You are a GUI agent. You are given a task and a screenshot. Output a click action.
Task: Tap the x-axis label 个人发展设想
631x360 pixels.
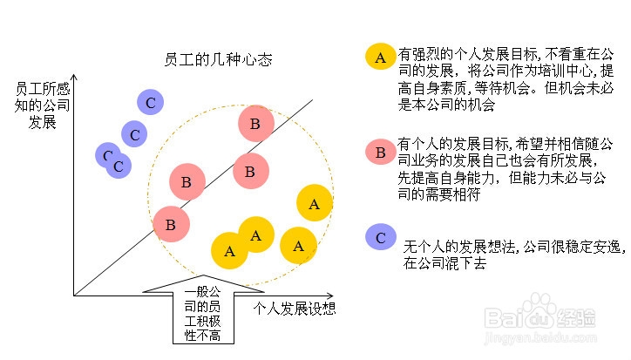295,309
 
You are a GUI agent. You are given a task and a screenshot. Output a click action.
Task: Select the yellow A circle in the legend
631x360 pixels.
379,58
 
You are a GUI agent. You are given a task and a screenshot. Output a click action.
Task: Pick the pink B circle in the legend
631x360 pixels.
380,153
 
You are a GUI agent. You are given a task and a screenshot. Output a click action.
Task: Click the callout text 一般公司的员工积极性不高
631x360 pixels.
203,313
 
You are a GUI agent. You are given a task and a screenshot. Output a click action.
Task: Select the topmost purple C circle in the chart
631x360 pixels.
151,103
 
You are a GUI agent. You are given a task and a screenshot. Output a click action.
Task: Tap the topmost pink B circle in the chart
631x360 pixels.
255,124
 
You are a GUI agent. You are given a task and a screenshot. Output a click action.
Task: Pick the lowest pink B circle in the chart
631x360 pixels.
171,224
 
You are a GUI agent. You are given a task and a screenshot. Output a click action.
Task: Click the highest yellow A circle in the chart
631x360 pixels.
315,203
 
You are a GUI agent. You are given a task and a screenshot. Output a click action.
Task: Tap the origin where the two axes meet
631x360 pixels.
75,295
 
